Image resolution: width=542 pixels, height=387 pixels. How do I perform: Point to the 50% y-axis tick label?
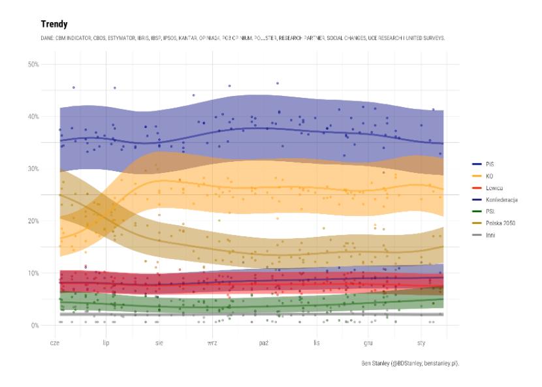click(x=34, y=64)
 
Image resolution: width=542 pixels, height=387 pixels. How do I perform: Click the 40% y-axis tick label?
click(x=34, y=116)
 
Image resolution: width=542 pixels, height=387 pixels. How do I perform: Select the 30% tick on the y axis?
click(x=34, y=168)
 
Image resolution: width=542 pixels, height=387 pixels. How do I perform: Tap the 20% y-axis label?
click(x=34, y=221)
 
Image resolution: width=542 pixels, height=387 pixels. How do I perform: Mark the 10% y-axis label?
click(x=34, y=273)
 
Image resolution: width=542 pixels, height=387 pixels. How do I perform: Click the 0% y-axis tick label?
click(x=36, y=325)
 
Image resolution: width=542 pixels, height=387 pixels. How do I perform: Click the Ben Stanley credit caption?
click(x=410, y=363)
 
